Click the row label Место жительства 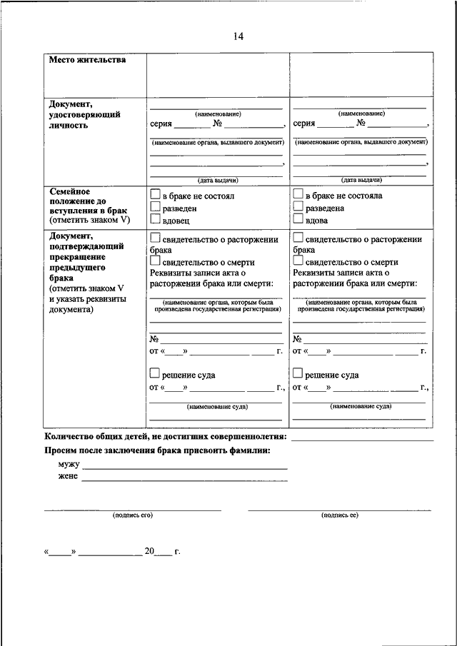87,60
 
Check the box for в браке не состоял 155,194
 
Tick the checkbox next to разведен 155,208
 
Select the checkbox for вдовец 155,221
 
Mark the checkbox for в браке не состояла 298,194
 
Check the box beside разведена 298,208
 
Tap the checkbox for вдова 298,221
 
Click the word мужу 69,465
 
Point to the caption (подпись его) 133,515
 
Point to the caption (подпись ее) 339,515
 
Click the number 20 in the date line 149,552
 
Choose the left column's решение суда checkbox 155,373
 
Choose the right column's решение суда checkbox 298,373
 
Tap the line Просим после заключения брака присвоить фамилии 157,451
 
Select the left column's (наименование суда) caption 218,406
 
